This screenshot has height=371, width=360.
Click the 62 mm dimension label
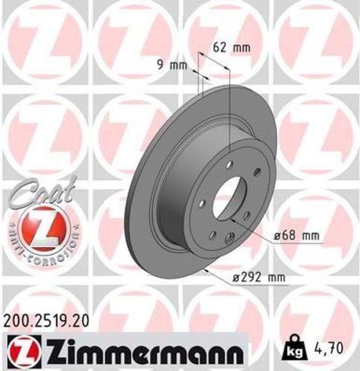point(232,47)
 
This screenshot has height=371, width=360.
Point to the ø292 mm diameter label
point(259,279)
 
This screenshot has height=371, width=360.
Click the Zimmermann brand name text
point(140,349)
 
